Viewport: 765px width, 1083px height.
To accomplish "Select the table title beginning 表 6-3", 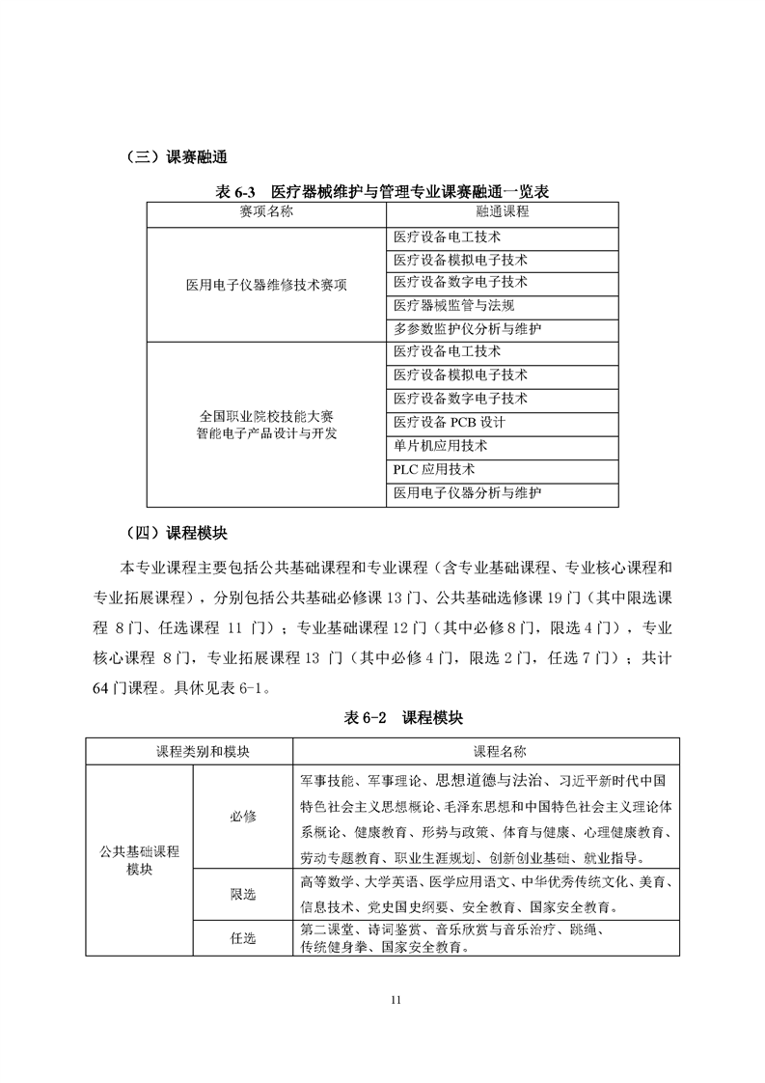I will [x=383, y=191].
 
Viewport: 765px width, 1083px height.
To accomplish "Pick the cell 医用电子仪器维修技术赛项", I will [x=265, y=285].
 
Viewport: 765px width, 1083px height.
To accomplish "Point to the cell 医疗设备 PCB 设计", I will [x=449, y=423].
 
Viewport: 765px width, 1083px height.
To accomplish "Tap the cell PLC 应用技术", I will [x=434, y=470].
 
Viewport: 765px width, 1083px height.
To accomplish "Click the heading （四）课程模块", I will [x=177, y=534].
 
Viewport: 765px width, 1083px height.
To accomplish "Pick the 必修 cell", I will [x=243, y=816].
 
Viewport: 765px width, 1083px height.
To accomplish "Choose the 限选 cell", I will [x=243, y=895].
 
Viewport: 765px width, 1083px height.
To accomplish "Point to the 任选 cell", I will [x=243, y=937].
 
